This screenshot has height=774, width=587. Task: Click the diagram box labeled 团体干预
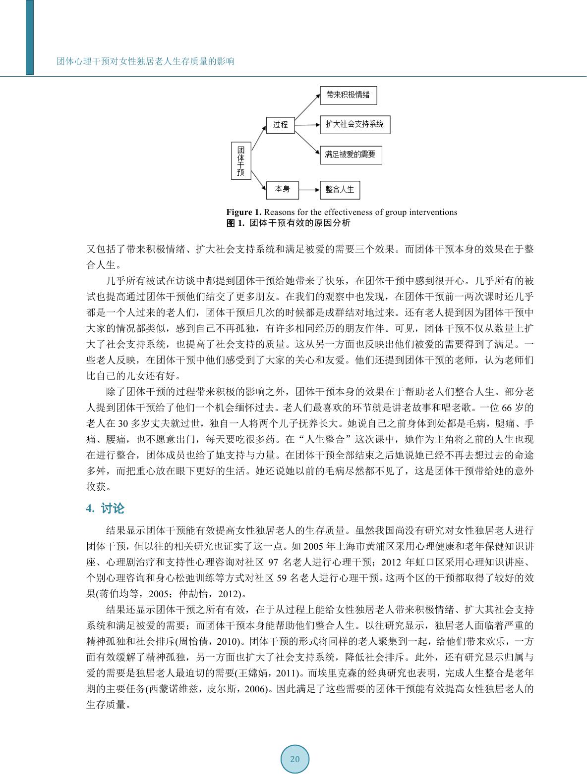pos(240,160)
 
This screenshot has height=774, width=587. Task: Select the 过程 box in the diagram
pos(280,125)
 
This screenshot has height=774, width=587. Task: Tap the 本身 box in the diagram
pos(282,189)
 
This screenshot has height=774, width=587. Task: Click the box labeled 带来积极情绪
pos(348,95)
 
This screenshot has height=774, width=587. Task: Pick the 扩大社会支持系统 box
pos(354,124)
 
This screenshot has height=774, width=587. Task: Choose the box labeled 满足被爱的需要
pos(351,155)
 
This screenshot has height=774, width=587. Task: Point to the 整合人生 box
pos(340,190)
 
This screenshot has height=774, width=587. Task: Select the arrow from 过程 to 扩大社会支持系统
pos(307,125)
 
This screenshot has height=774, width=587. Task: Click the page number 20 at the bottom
pos(295,759)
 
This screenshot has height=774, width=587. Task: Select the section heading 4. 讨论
pos(106,509)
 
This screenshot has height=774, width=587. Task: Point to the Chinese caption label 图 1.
pos(236,223)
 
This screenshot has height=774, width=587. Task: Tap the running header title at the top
pos(145,61)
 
